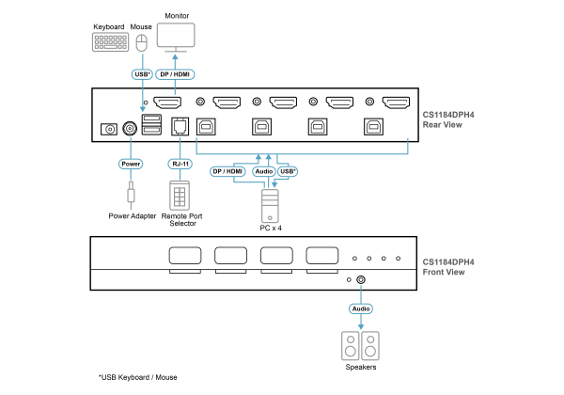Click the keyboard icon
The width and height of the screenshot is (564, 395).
[x=110, y=42]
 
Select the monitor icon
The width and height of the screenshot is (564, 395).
[x=176, y=37]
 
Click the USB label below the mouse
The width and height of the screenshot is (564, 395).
[x=142, y=74]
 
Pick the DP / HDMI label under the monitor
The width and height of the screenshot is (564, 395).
[x=175, y=74]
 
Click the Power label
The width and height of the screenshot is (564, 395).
[x=131, y=164]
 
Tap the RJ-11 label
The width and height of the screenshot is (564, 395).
[x=180, y=164]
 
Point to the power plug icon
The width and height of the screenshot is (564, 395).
[x=131, y=195]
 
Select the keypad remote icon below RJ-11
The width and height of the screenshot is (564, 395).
[x=180, y=195]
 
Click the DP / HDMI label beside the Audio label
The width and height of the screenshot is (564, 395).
[x=227, y=171]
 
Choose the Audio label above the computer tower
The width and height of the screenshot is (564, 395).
[x=264, y=171]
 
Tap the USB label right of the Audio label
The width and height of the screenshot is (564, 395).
[x=288, y=171]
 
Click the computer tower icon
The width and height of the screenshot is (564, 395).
[x=270, y=206]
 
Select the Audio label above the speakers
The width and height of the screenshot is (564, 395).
[x=361, y=308]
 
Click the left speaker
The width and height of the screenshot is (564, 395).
[x=351, y=346]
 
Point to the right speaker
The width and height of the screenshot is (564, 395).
[x=370, y=346]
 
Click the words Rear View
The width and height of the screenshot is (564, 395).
[x=442, y=125]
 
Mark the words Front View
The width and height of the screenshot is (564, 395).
[x=444, y=273]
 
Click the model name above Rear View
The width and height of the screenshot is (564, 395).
[x=448, y=115]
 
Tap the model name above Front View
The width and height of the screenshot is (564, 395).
[x=448, y=262]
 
